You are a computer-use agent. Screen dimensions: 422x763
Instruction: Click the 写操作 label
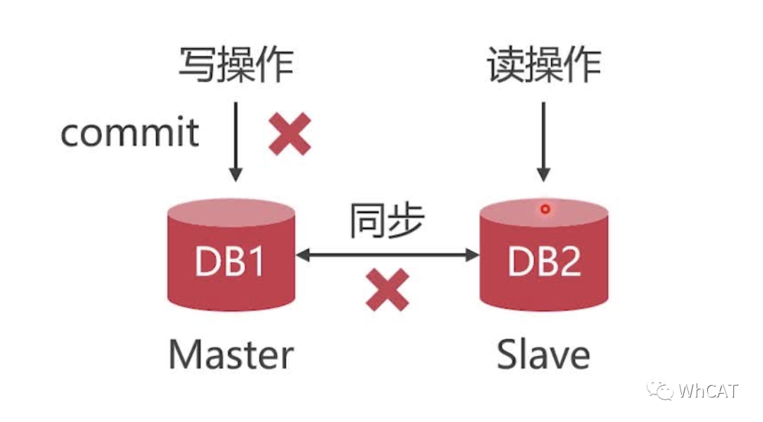click(235, 66)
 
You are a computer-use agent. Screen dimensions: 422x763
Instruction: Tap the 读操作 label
click(544, 66)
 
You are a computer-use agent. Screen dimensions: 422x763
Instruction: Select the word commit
click(130, 133)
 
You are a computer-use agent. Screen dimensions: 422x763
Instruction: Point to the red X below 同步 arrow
click(387, 289)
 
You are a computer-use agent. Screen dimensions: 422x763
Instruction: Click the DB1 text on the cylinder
click(230, 262)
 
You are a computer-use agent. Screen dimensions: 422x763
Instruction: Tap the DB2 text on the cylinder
click(544, 262)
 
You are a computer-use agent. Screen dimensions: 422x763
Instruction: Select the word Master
click(231, 354)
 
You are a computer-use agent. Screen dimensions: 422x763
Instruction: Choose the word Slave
click(543, 354)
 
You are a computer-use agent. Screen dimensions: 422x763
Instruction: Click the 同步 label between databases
click(386, 222)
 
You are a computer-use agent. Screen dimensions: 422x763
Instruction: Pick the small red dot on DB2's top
click(545, 209)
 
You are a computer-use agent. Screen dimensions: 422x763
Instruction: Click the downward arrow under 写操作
click(236, 141)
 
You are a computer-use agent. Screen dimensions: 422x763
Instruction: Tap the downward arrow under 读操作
click(543, 141)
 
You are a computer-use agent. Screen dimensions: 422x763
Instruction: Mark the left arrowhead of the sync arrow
click(302, 254)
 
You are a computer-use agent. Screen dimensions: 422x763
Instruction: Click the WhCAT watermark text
click(709, 390)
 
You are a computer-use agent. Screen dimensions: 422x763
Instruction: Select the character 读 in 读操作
click(506, 66)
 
